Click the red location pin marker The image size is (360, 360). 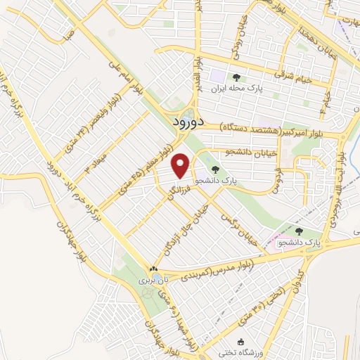point(181,165)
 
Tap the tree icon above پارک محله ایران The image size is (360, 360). point(236,77)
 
